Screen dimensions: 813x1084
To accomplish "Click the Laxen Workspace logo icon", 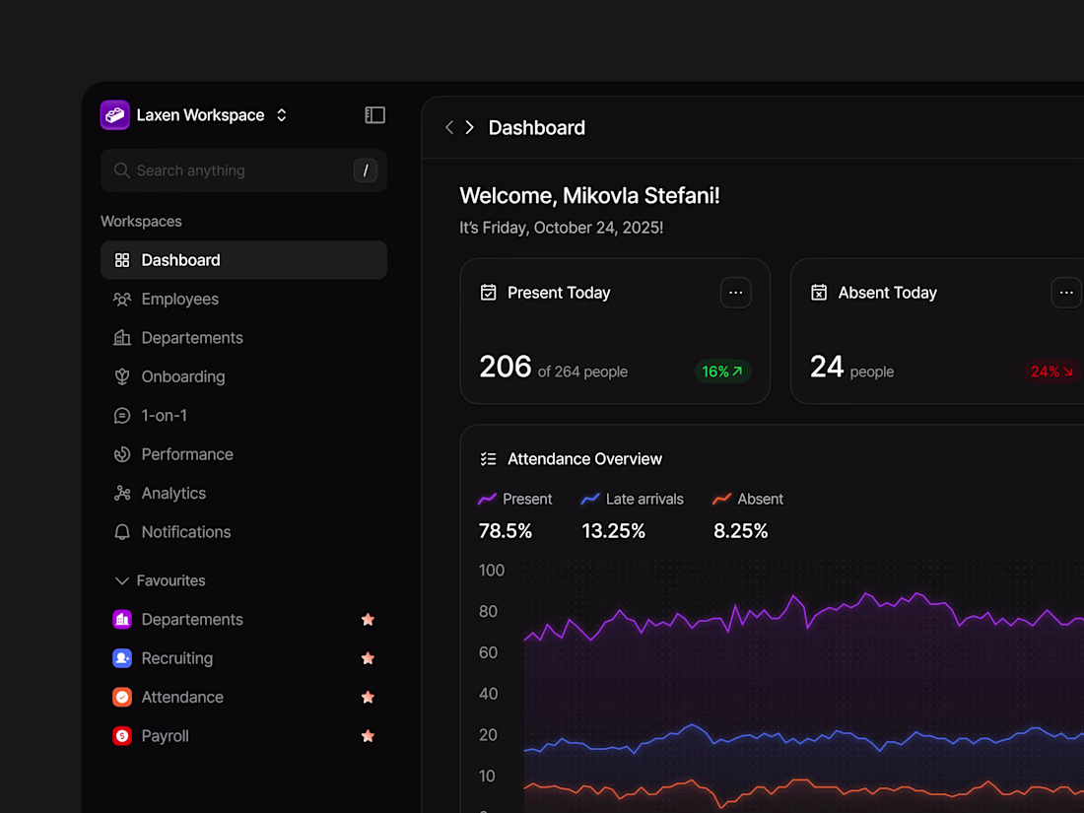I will tap(115, 115).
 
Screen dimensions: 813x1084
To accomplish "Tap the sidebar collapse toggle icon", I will tap(374, 115).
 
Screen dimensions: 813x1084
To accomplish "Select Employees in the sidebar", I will tap(179, 299).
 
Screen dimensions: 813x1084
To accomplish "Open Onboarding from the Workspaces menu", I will tap(182, 376).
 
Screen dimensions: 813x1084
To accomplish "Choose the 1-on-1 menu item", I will tap(164, 415).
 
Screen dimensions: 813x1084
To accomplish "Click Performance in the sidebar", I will tap(186, 454).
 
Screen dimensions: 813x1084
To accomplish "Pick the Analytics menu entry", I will tap(173, 493).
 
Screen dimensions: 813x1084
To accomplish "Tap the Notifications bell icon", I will tap(122, 532).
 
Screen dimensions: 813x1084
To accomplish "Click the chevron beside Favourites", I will tap(122, 580).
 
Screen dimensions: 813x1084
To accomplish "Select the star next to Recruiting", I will tap(368, 658).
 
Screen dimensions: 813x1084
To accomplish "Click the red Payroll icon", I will tap(122, 736).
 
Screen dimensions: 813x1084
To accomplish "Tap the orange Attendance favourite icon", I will tap(122, 697).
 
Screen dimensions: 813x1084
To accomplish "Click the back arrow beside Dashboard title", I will tap(449, 127).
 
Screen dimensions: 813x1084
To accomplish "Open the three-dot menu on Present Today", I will tap(735, 293).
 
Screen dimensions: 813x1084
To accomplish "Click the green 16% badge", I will tap(722, 372).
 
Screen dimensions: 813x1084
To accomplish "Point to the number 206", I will tap(506, 367).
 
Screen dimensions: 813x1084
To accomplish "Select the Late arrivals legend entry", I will tap(633, 499).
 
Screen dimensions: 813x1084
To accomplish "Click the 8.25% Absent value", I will tap(740, 531).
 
